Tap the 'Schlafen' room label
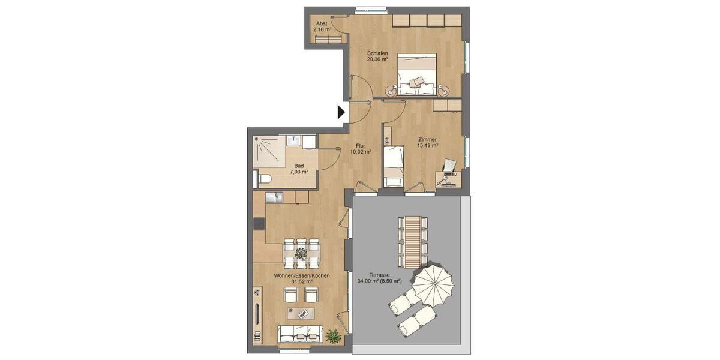tap(377, 53)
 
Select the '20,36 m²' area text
tap(377, 59)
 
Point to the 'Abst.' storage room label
tap(323, 23)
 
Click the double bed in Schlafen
tap(416, 74)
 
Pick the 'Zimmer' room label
tap(428, 139)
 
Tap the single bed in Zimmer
tap(393, 166)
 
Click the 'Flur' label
tap(360, 145)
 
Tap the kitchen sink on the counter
tap(275, 197)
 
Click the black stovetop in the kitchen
tap(259, 224)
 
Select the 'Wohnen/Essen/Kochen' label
tap(301, 275)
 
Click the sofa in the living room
tap(300, 333)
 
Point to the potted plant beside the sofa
tap(333, 335)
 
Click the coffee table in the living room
tap(301, 313)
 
